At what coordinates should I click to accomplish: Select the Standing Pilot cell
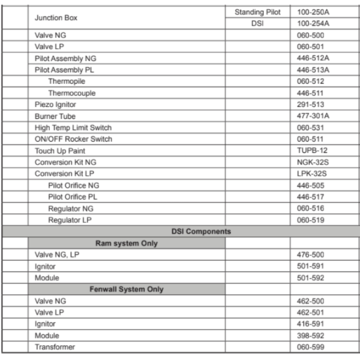tap(257, 13)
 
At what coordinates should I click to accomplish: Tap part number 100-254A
tap(311, 24)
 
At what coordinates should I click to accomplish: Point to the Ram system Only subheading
tap(126, 244)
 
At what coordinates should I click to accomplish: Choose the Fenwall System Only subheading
tap(126, 289)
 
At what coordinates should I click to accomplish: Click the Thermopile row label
tap(67, 81)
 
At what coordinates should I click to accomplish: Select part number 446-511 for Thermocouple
tap(309, 93)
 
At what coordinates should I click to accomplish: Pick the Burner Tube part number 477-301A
tap(311, 116)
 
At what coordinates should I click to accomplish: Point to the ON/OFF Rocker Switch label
tap(73, 139)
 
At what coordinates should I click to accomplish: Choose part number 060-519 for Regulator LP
tap(309, 220)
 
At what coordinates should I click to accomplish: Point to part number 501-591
tap(309, 266)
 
